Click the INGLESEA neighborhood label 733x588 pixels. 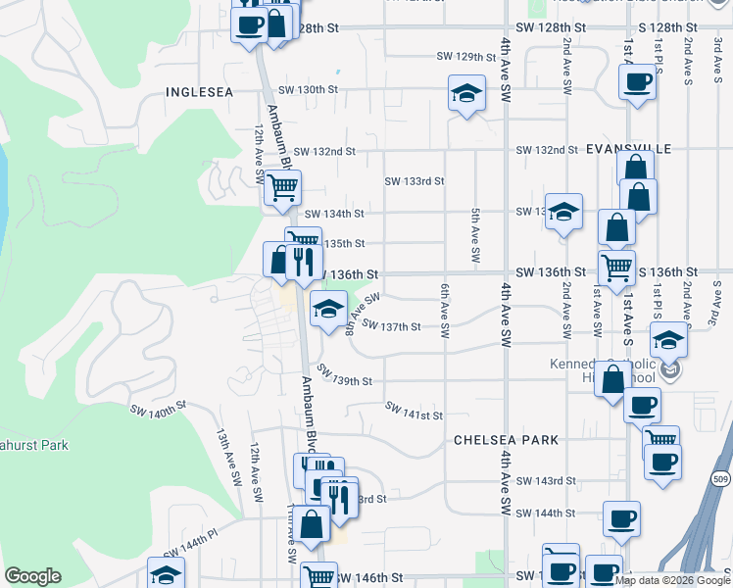(x=200, y=92)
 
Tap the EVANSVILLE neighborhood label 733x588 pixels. (x=628, y=149)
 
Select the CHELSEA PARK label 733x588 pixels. (x=492, y=441)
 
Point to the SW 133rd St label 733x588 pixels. (x=415, y=181)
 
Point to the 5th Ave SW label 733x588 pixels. (x=475, y=235)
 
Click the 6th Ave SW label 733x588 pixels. (x=444, y=312)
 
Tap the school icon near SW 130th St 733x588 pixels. (x=466, y=94)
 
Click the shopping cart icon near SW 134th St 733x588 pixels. (x=282, y=186)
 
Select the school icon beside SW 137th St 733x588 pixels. (x=328, y=310)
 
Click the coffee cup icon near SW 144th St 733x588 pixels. (x=621, y=518)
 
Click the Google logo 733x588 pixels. (x=31, y=576)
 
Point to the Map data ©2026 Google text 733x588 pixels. (x=671, y=580)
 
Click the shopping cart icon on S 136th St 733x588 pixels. (x=616, y=266)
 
